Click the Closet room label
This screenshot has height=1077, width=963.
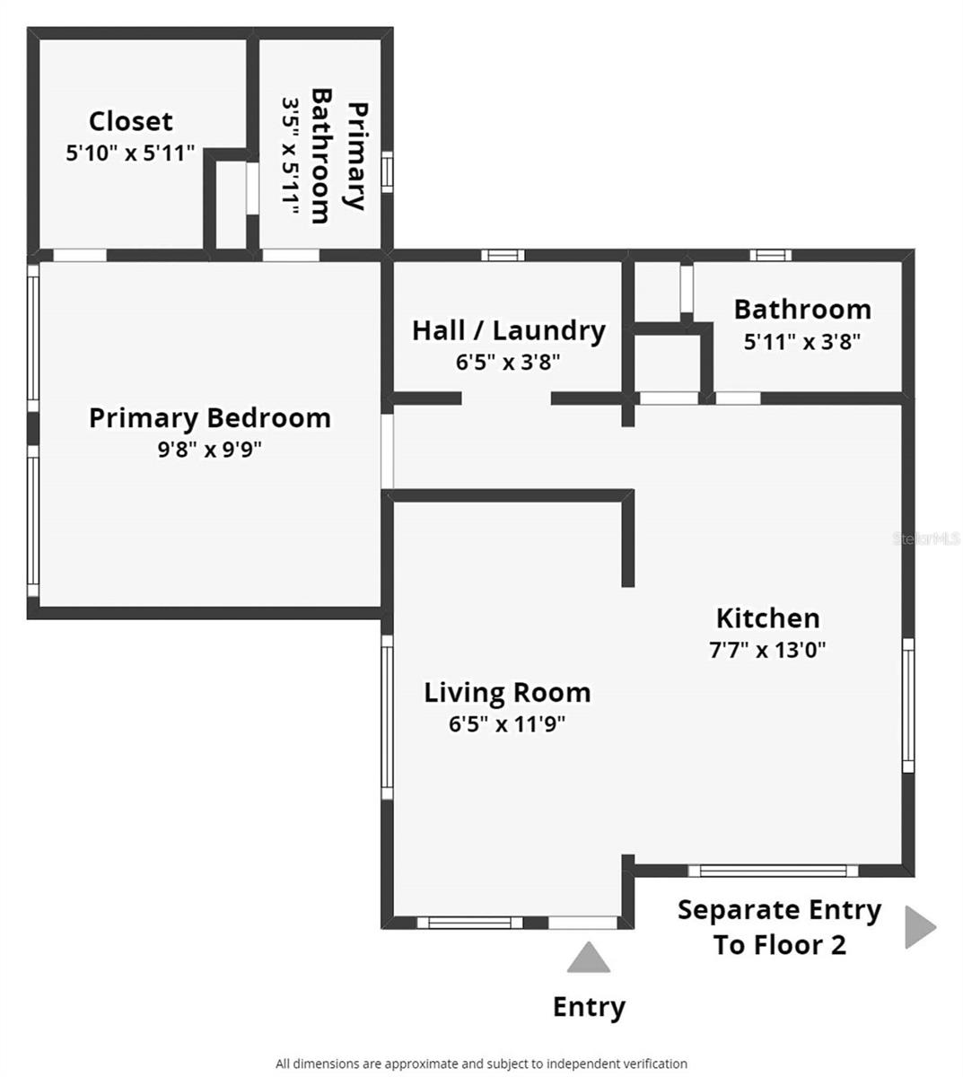coord(131,122)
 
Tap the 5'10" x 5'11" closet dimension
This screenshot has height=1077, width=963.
coord(130,153)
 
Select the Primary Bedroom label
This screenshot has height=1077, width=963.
coord(210,418)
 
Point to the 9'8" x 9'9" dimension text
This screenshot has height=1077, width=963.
coord(210,450)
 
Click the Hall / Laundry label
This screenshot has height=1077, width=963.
coord(509,330)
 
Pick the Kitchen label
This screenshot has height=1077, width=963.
coord(768,618)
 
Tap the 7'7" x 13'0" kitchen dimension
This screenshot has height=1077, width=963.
coord(768,650)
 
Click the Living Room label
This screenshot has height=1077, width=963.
coord(507,693)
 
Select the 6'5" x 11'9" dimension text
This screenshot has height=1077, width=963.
coord(507,724)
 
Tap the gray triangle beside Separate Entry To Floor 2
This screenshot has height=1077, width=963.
coord(918,927)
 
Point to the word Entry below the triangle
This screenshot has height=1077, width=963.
coord(589,1007)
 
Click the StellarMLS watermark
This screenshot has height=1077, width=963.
coord(927,538)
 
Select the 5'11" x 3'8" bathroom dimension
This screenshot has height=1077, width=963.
coord(802,342)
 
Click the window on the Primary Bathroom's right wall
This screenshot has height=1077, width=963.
coord(388,171)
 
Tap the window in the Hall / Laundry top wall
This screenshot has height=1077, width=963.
coord(503,255)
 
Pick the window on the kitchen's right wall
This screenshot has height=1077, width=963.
coord(909,705)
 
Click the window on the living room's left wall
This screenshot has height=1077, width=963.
coord(388,717)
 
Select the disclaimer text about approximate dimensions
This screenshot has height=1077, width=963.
coord(481,1063)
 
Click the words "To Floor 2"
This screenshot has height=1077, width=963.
coord(780,945)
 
